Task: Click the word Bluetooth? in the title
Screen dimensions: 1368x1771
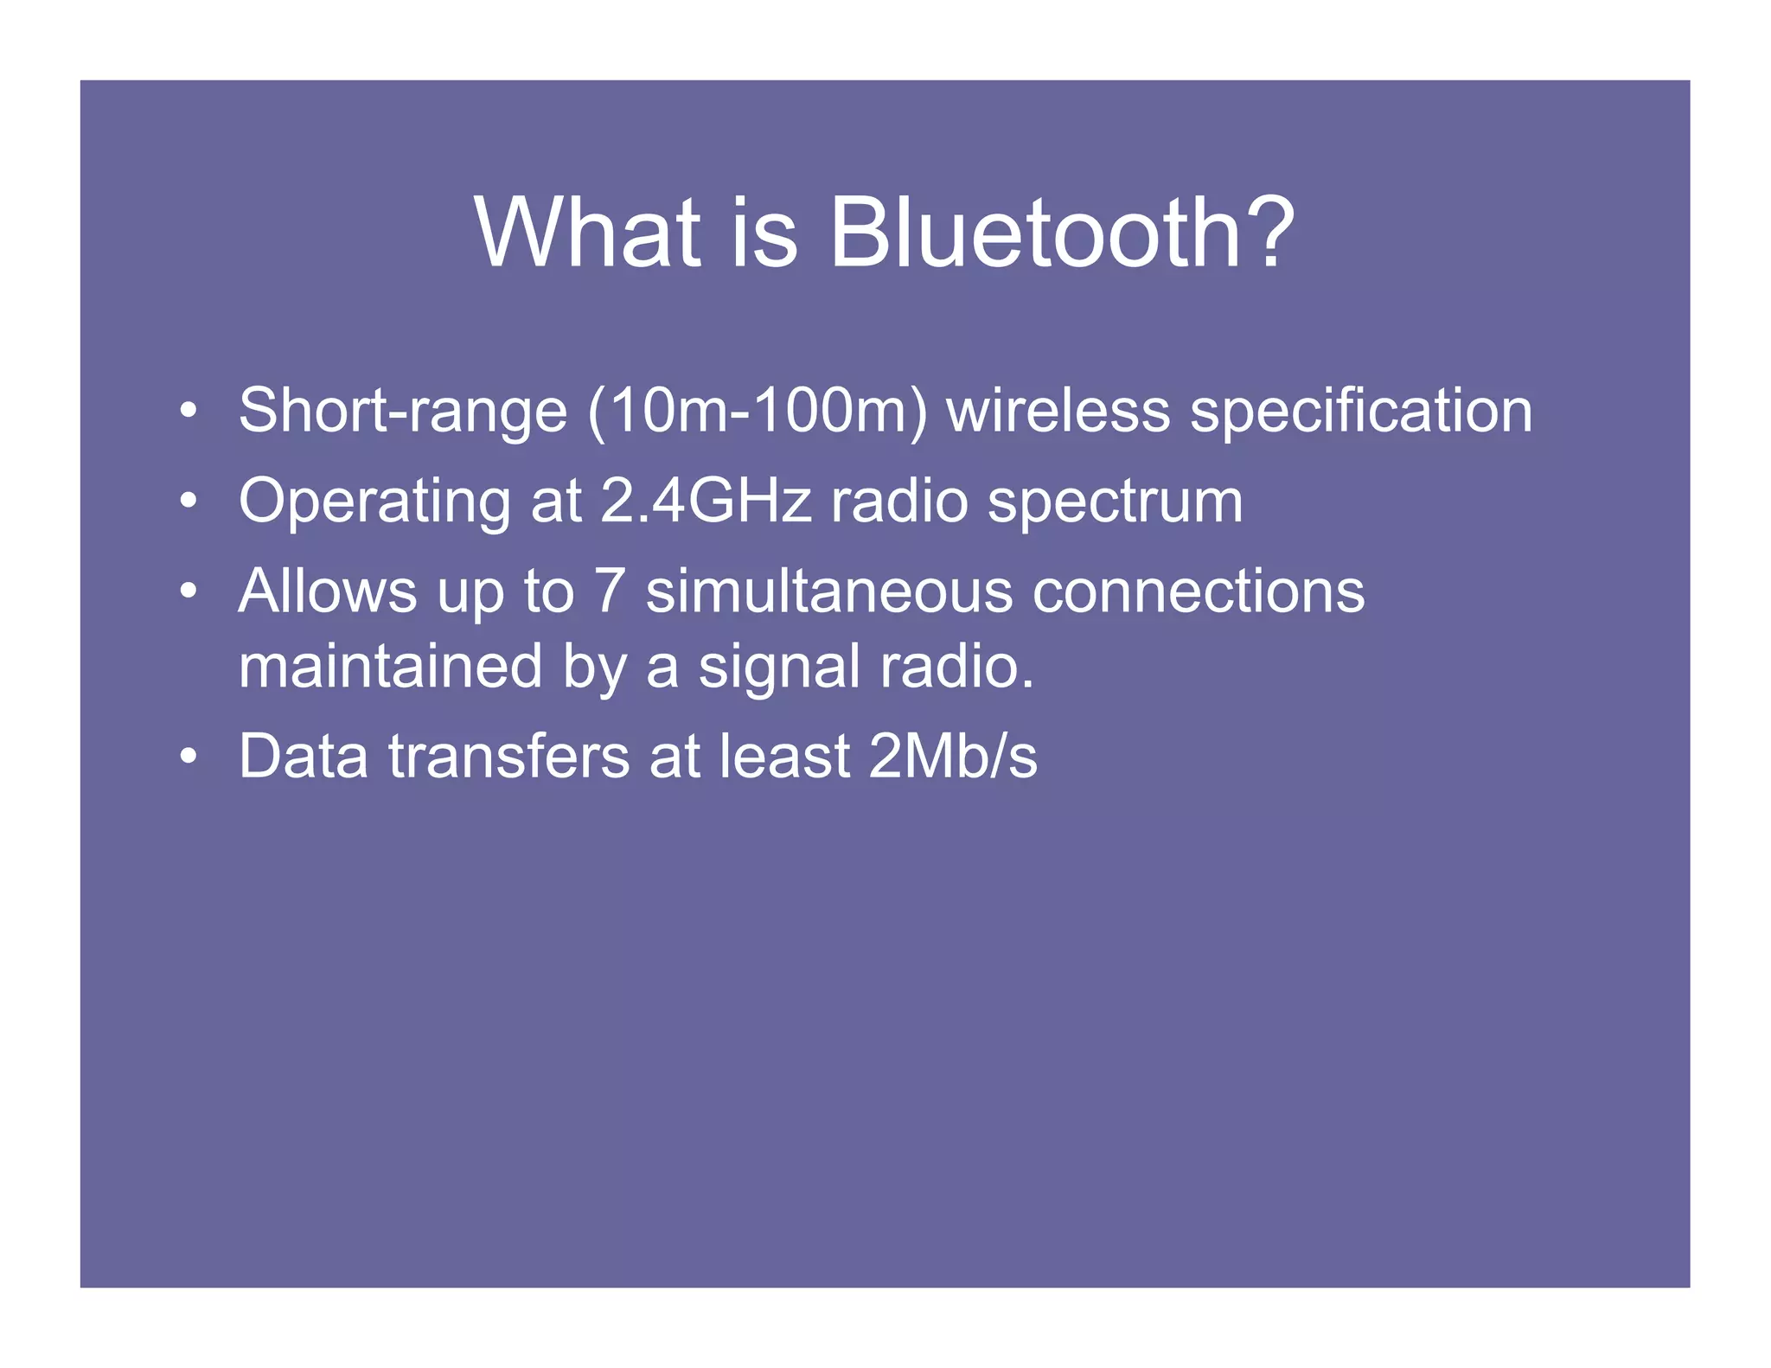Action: (1061, 232)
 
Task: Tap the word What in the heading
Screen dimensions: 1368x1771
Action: (587, 232)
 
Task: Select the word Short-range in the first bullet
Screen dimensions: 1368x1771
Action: (402, 411)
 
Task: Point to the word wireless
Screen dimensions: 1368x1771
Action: (1058, 411)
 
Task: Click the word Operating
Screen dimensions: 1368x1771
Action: (374, 502)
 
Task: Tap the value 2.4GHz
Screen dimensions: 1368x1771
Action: (706, 501)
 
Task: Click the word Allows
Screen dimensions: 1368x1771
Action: (327, 591)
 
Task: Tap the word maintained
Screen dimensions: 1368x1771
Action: (389, 667)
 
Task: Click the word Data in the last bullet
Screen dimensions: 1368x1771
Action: (303, 757)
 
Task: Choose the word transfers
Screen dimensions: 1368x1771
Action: (508, 757)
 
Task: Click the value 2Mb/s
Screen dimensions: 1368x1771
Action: (952, 757)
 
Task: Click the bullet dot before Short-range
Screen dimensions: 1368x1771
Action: (189, 412)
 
